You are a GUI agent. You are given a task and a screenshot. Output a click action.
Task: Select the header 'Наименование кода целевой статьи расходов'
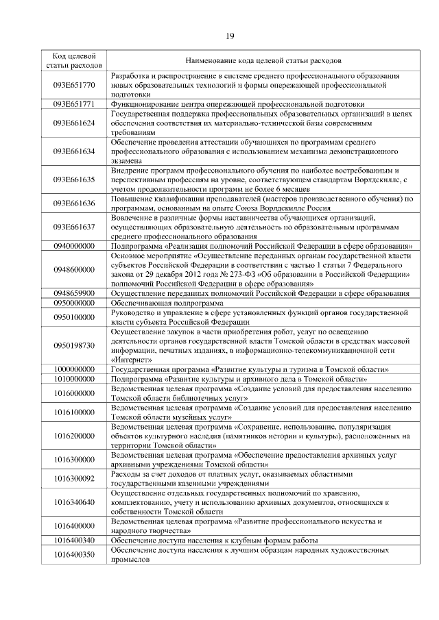coord(261,60)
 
